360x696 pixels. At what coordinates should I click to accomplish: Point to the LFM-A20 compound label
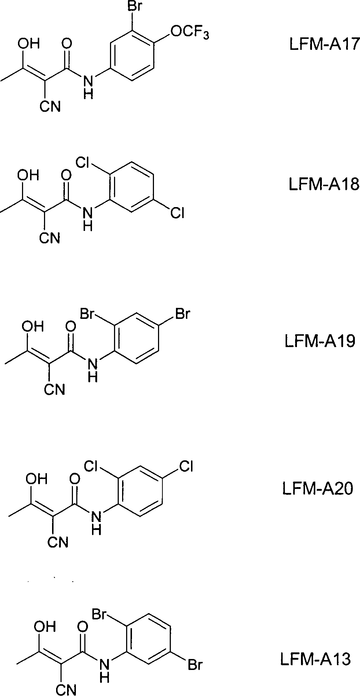pos(317,488)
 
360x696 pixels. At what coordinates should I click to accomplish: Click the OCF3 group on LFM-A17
pos(190,33)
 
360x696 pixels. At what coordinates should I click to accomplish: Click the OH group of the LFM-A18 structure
pos(29,174)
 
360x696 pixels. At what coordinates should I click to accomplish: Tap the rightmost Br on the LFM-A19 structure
pos(182,314)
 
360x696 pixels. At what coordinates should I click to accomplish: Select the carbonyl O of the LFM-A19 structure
pos(70,325)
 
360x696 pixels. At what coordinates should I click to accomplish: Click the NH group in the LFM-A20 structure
pos(96,522)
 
